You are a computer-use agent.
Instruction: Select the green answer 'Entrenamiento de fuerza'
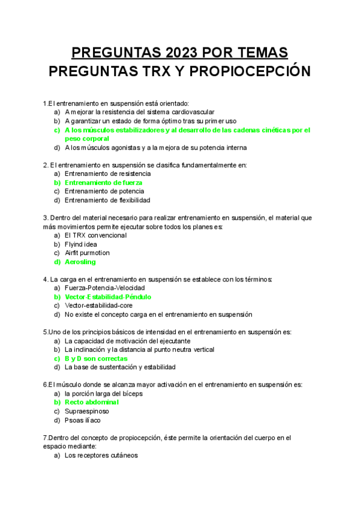point(103,182)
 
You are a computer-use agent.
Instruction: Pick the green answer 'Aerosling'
point(80,262)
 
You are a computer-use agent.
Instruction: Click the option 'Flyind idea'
point(80,244)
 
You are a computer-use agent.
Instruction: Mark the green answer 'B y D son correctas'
point(96,358)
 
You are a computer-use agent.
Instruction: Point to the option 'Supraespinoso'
point(87,411)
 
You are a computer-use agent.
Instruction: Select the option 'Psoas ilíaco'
point(83,420)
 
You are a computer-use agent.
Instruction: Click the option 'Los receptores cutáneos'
point(101,456)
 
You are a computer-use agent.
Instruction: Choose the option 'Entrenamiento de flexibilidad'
point(107,200)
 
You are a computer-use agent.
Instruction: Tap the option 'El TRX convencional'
point(95,235)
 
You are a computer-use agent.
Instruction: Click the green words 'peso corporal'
point(86,139)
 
